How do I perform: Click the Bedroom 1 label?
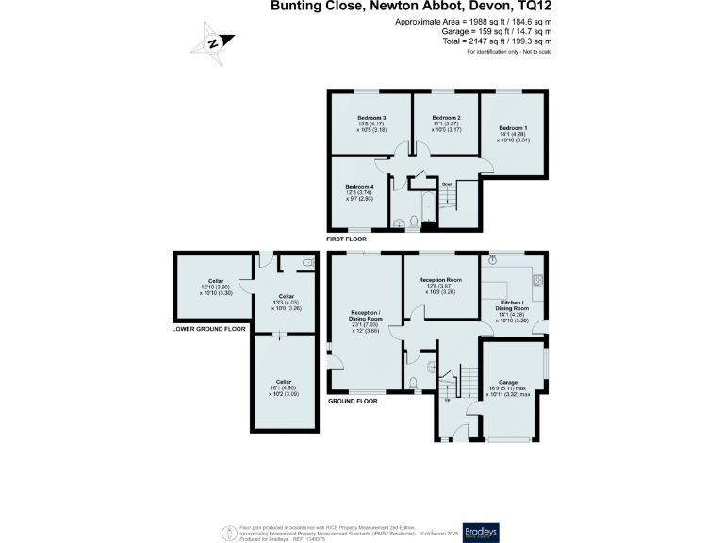(x=513, y=127)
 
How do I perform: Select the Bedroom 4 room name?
(x=359, y=187)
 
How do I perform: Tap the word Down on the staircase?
(x=448, y=183)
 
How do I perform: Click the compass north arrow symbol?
(x=213, y=43)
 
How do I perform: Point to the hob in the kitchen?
(x=539, y=279)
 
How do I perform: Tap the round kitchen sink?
(x=493, y=258)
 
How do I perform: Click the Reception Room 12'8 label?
(x=440, y=280)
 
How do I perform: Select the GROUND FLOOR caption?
(x=352, y=401)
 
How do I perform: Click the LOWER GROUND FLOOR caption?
(x=208, y=329)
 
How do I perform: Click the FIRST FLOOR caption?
(x=346, y=239)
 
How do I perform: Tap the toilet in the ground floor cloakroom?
(x=414, y=382)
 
